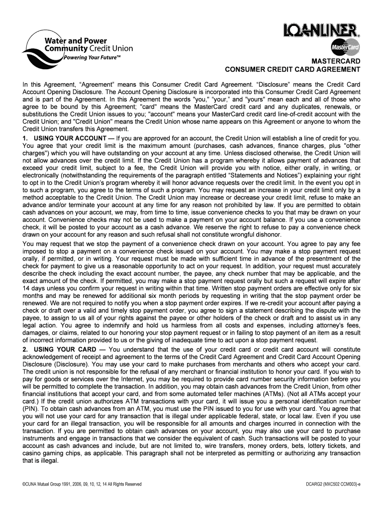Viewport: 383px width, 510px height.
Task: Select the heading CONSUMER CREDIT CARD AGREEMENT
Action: (292, 70)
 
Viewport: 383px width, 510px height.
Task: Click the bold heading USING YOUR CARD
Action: (59, 349)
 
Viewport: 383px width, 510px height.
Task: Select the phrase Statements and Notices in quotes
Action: (259, 175)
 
